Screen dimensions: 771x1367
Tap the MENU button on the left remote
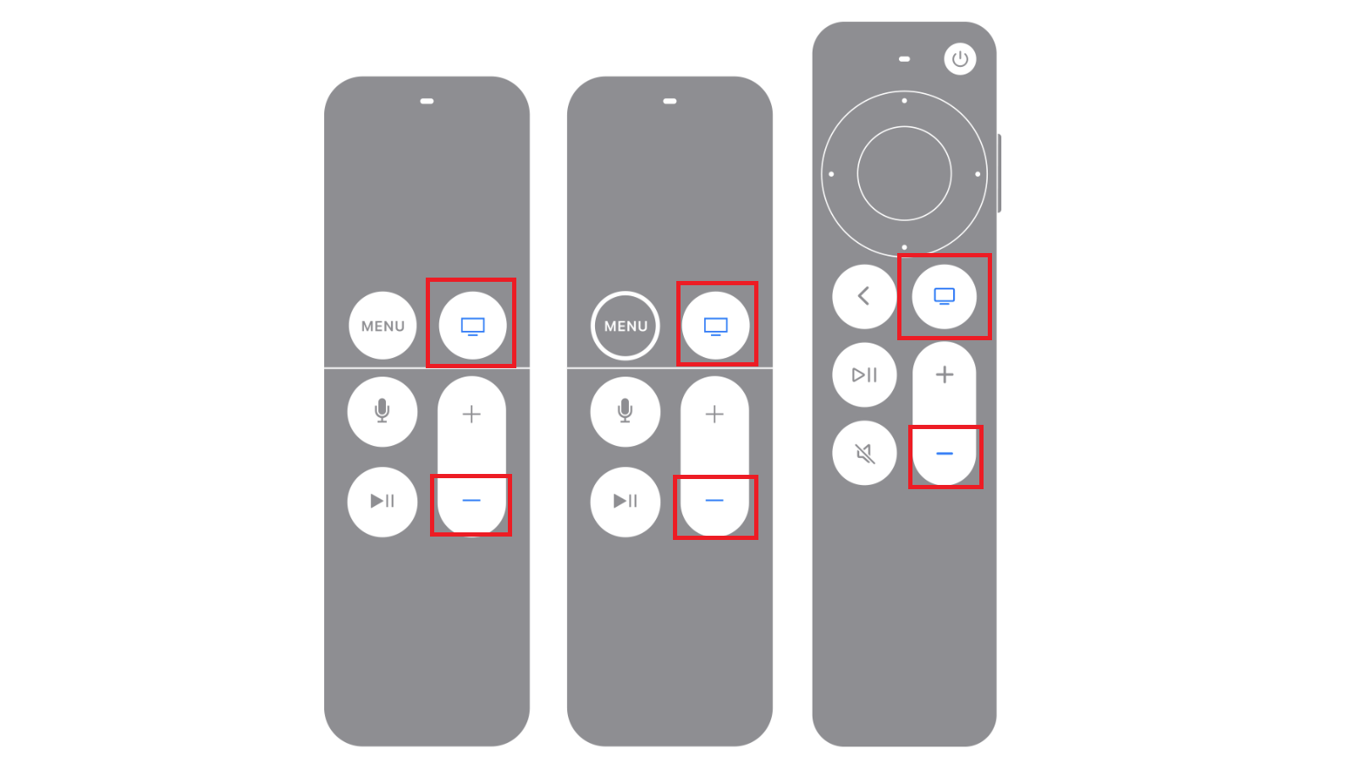[x=383, y=326]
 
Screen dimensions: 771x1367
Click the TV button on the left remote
[x=472, y=326]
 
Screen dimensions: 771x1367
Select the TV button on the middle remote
[x=715, y=326]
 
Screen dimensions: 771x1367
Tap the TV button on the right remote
[x=944, y=296]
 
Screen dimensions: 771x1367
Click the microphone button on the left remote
[x=383, y=412]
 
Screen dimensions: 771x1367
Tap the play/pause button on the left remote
[x=383, y=501]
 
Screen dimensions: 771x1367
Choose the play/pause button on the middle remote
[x=626, y=501]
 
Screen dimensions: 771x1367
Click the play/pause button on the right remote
[x=864, y=375]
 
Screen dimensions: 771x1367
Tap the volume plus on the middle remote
[x=714, y=414]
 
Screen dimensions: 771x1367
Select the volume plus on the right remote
[x=944, y=375]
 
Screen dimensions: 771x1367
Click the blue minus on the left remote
[x=471, y=501]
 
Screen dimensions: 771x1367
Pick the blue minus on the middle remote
[x=714, y=501]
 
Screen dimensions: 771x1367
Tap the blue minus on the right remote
[x=945, y=454]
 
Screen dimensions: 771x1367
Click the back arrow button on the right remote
[x=864, y=296]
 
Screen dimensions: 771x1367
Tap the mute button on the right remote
[x=864, y=454]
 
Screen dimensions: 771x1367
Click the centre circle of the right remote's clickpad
[x=904, y=173]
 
